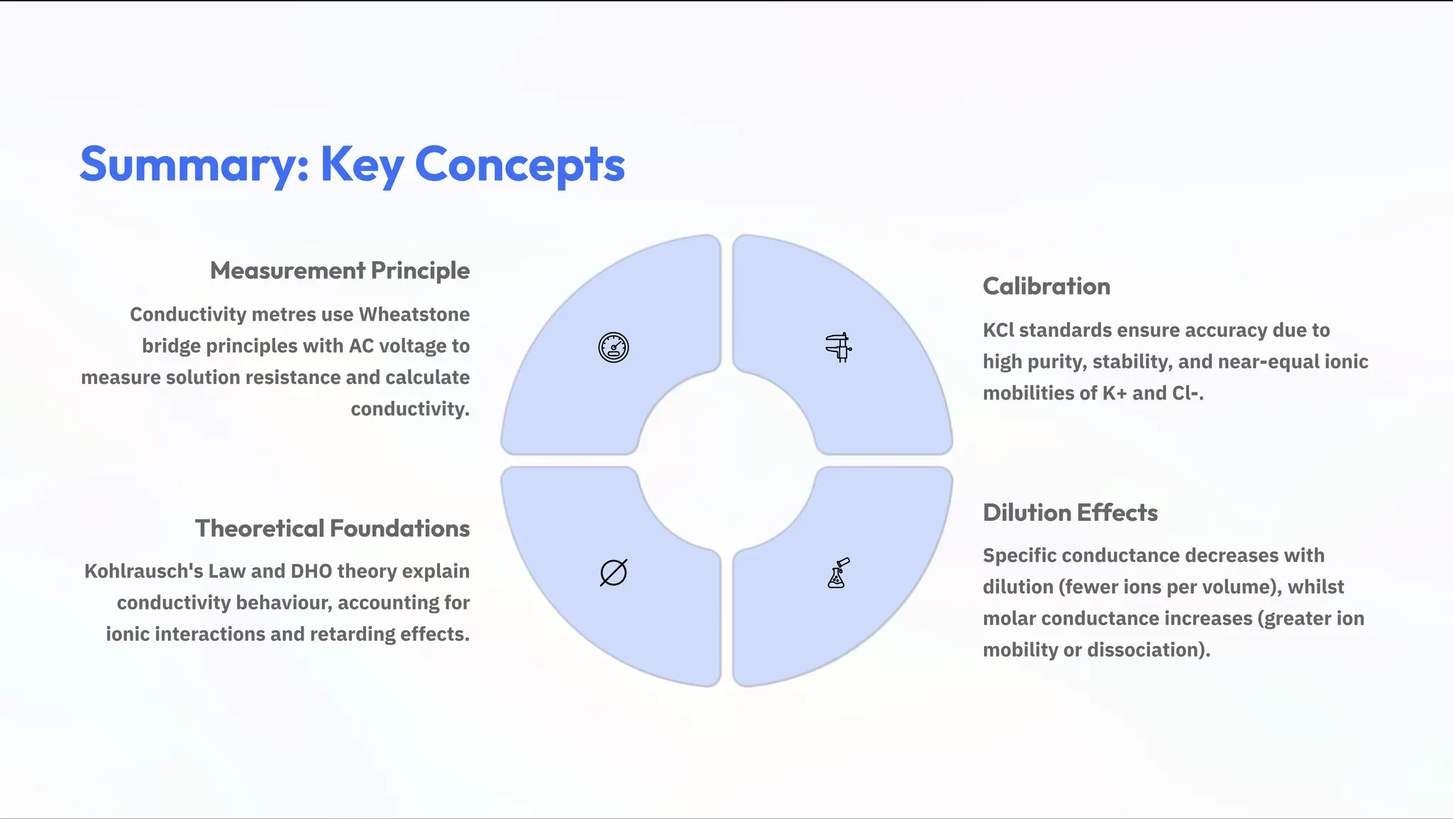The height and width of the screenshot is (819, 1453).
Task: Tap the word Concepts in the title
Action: (519, 165)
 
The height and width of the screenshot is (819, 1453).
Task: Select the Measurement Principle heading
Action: (339, 270)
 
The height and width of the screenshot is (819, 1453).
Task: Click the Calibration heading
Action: (1046, 286)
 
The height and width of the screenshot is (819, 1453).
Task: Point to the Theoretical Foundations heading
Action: (332, 529)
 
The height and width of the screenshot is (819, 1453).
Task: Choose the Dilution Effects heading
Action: (1070, 512)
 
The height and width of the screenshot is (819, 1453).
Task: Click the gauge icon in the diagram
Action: (613, 348)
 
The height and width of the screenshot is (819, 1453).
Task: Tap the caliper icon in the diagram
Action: (839, 348)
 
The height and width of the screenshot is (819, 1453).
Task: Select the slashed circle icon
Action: (613, 573)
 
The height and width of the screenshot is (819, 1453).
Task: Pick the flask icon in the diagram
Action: (838, 573)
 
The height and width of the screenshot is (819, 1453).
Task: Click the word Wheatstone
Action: (414, 314)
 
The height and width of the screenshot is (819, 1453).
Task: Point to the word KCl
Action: (998, 330)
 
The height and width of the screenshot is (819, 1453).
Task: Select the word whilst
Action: (1315, 587)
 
